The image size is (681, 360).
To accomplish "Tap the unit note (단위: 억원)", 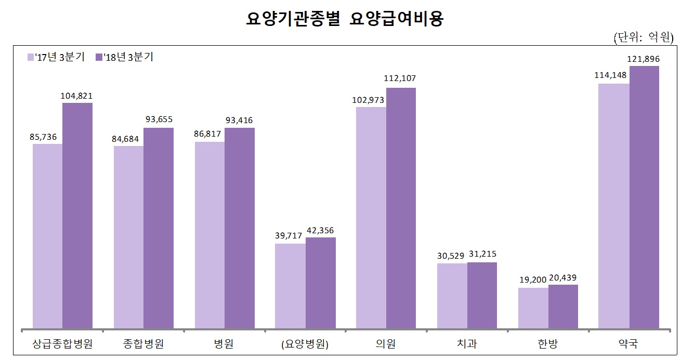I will [643, 37].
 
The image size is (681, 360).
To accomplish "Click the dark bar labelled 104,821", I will [77, 216].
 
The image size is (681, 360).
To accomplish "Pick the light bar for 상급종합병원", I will [47, 236].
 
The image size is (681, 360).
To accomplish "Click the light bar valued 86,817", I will [209, 235].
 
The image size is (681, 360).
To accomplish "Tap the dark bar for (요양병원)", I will [320, 283].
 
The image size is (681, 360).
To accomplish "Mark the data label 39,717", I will [290, 235].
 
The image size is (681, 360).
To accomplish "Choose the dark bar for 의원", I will [401, 208].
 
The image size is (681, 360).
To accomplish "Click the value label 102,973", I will [371, 99].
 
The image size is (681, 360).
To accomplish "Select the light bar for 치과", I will [452, 296].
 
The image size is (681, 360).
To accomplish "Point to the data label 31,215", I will [482, 254].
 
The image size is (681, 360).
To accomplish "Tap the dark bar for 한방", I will [563, 306].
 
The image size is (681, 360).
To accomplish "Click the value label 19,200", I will [533, 279].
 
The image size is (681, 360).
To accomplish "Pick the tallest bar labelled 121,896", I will [644, 197].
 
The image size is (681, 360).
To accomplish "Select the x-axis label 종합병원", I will [143, 344].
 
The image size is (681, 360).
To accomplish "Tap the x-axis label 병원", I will [224, 344].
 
